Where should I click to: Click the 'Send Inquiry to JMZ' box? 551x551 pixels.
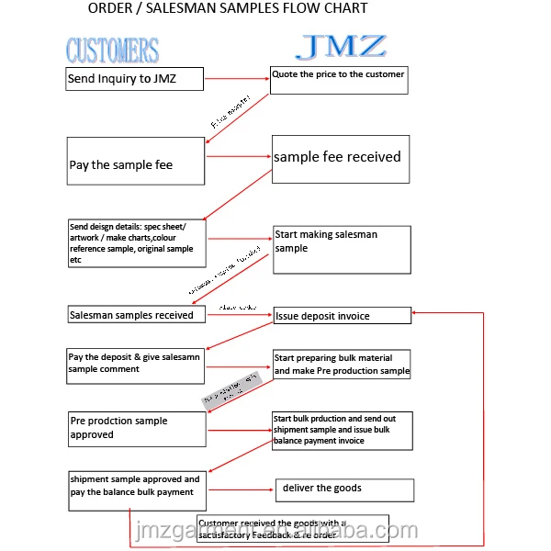click(134, 79)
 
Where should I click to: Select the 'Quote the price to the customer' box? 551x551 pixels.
click(338, 80)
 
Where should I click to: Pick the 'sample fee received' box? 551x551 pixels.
click(340, 159)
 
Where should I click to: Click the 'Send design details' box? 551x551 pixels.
click(136, 243)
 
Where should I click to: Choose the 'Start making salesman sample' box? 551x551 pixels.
click(341, 249)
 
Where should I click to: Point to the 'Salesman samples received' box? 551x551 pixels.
click(136, 315)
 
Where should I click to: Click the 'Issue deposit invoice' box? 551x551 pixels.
click(342, 316)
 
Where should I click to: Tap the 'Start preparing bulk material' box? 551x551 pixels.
click(342, 365)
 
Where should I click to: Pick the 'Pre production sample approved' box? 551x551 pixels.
click(137, 429)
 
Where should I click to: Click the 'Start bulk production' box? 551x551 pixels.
click(342, 431)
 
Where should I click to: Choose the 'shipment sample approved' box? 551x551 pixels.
click(137, 486)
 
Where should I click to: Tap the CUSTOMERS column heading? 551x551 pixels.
click(113, 51)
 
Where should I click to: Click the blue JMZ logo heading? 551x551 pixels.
click(342, 47)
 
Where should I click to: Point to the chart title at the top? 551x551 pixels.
click(228, 9)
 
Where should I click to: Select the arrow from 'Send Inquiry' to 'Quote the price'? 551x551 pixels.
click(237, 80)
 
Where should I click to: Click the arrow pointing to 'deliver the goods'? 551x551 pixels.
click(241, 489)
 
